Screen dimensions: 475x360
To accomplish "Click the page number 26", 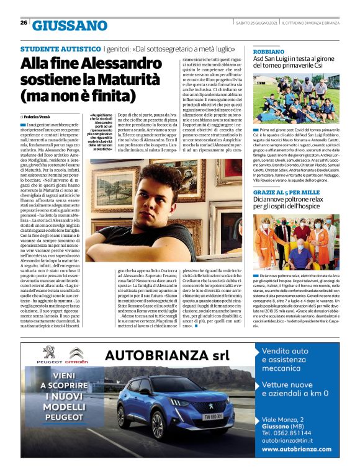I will [x=23, y=23].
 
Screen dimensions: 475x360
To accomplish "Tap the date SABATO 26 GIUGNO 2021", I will [x=253, y=23].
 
